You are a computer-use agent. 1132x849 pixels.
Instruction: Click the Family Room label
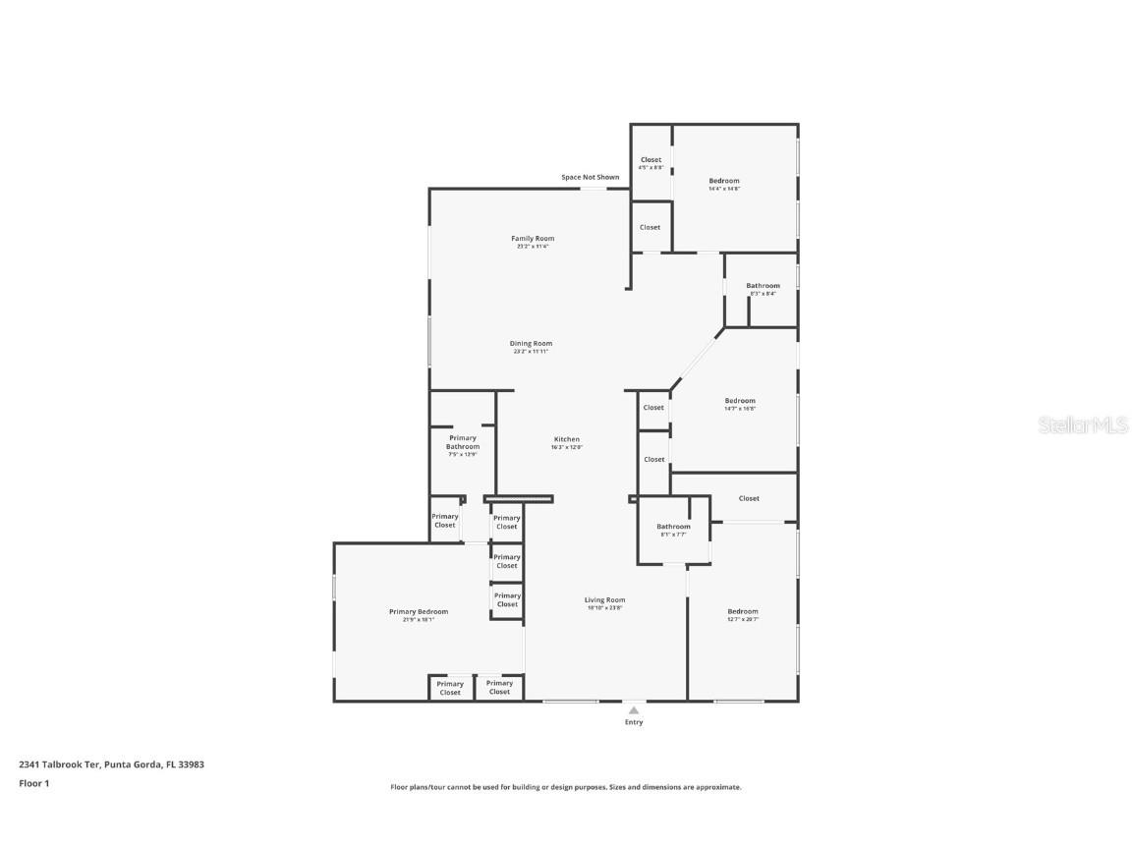point(533,239)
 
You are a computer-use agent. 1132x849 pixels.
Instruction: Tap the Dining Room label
point(531,344)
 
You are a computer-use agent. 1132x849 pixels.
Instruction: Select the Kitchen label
point(567,439)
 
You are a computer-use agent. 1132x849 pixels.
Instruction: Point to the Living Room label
point(604,599)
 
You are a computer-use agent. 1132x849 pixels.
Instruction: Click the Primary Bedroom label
point(419,611)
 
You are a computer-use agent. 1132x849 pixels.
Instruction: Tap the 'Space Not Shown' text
point(590,177)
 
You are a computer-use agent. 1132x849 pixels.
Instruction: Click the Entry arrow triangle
point(634,709)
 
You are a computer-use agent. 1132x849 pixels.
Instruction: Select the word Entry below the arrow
point(634,722)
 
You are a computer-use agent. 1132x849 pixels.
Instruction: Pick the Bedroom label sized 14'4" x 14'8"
point(724,181)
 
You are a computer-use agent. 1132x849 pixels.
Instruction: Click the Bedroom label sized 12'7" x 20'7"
point(743,611)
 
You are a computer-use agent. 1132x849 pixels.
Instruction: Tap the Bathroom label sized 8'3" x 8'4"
point(763,286)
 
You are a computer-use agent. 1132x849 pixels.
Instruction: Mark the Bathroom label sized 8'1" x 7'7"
point(673,527)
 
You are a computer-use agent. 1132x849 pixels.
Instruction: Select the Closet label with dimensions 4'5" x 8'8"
point(651,160)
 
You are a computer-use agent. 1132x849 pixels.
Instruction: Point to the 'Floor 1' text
point(33,783)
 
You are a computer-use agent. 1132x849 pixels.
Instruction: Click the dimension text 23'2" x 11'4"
point(533,247)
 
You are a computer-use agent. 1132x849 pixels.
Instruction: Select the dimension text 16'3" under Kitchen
point(567,447)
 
